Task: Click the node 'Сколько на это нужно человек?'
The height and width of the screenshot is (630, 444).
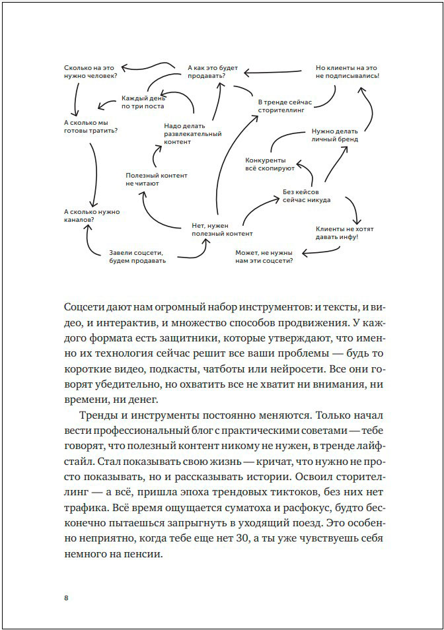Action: tap(91, 71)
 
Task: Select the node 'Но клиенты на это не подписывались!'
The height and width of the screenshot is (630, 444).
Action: tap(347, 71)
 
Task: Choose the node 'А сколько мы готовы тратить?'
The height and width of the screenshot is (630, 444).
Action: tap(91, 126)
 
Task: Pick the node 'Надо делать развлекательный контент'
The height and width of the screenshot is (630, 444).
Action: tap(192, 133)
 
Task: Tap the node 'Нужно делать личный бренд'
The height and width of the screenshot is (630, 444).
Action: tap(335, 135)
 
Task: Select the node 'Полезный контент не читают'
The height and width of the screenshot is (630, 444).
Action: tap(157, 180)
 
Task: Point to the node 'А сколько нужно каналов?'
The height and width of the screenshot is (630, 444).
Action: tap(91, 215)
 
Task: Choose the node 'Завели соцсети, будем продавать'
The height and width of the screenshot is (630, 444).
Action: tap(137, 256)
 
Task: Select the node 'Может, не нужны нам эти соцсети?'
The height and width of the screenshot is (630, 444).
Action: tap(264, 256)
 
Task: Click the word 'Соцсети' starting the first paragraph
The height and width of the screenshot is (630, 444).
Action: tap(87, 308)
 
